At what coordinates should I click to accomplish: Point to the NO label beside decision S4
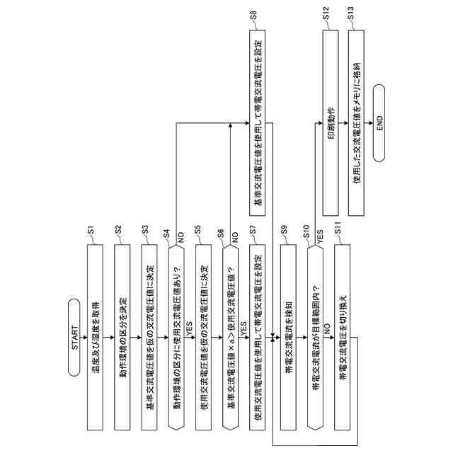(180, 240)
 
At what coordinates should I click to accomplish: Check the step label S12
(325, 16)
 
